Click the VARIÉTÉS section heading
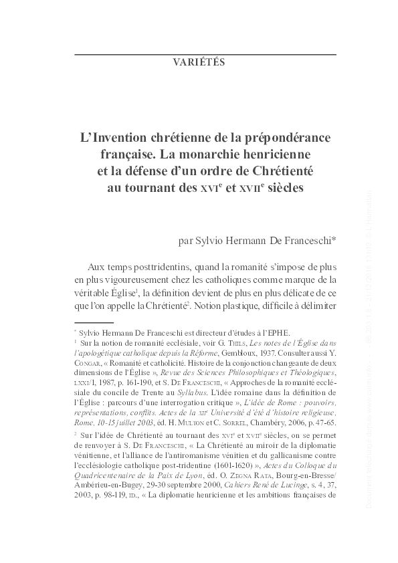[x=199, y=63]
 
